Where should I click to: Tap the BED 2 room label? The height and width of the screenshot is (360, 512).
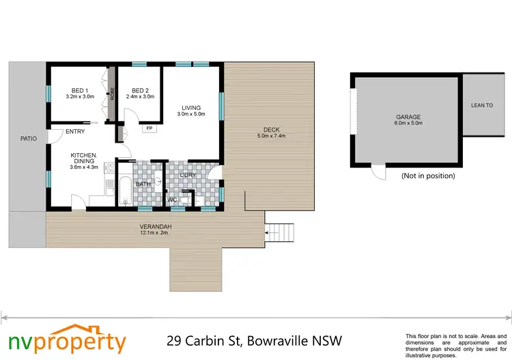point(140,90)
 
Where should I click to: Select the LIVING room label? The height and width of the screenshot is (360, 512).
point(190,107)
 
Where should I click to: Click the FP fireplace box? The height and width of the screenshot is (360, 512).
point(148,128)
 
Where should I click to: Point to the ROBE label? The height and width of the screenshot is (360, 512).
point(112,93)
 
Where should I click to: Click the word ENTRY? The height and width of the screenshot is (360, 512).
point(75,132)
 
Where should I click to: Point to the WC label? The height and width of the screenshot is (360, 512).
point(173,199)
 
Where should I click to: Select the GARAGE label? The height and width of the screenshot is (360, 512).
point(408,117)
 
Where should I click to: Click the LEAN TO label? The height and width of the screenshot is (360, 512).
point(482,105)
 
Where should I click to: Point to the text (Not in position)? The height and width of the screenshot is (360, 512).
point(428,176)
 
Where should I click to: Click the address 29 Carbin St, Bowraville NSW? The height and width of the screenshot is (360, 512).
point(255,340)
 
